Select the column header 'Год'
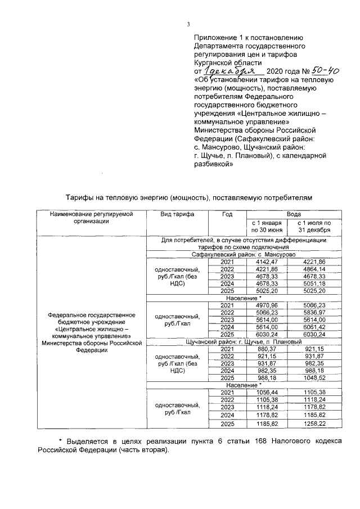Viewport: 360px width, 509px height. (x=227, y=214)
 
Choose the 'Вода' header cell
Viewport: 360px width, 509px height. (x=293, y=214)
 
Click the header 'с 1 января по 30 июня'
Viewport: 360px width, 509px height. (x=267, y=227)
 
